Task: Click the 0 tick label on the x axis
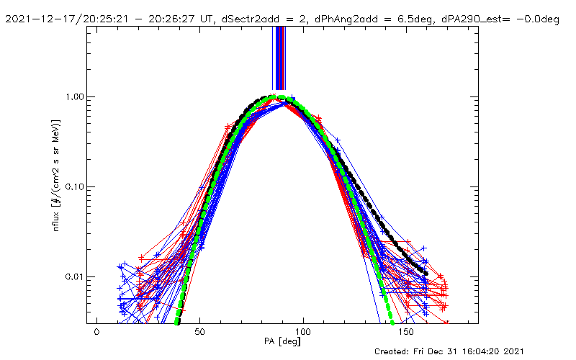pos(96,332)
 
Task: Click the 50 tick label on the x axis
pos(200,332)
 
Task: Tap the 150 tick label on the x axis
pos(407,332)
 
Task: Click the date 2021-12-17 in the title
pos(37,19)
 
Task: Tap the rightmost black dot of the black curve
pos(426,274)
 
